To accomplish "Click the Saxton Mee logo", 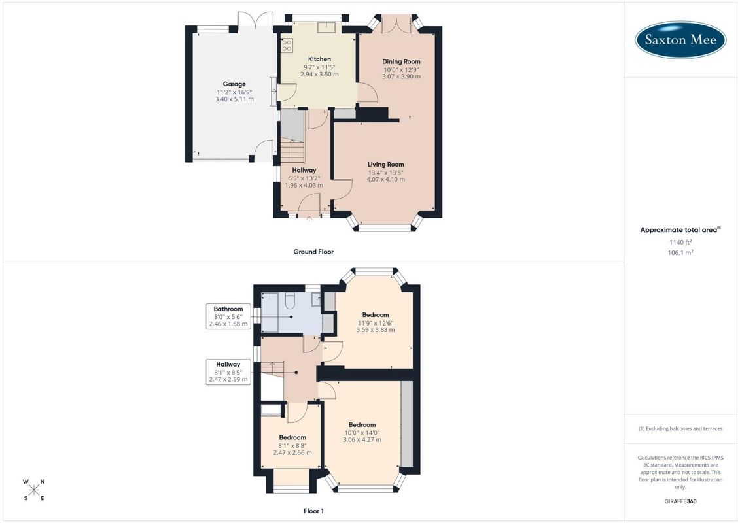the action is click(680, 40).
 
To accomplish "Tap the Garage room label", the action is click(234, 84).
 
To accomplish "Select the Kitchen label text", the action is click(319, 59).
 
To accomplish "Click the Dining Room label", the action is click(401, 61).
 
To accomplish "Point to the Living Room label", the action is click(385, 165).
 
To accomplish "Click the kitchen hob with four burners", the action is click(287, 45).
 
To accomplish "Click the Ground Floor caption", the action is click(313, 252).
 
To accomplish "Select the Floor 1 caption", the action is click(313, 511).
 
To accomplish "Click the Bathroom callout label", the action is click(228, 316).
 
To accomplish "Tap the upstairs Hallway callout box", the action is click(228, 371).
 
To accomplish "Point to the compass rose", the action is click(34, 490).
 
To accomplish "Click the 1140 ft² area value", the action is click(680, 242).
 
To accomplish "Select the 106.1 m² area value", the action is click(680, 252).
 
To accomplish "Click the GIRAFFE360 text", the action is click(680, 501).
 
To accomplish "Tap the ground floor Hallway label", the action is click(304, 170).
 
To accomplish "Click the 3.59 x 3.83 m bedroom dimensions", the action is click(376, 330).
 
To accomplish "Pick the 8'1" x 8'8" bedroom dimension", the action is click(292, 445).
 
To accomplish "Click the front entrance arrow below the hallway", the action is click(309, 218).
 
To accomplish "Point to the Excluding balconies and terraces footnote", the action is click(680, 429).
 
